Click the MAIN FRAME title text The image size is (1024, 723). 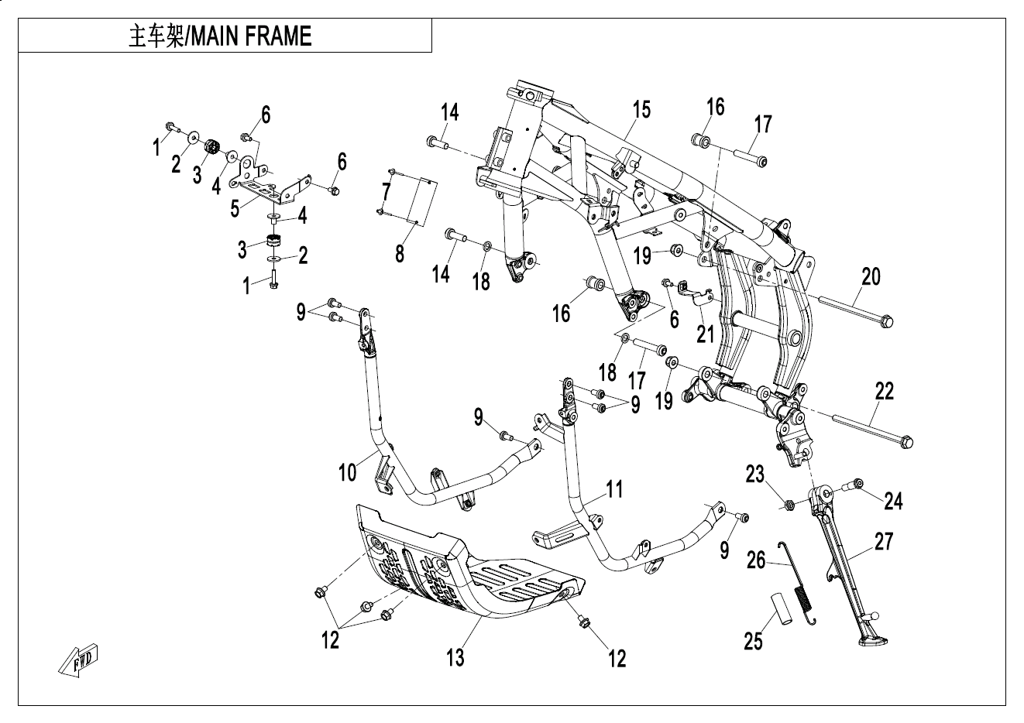(x=220, y=36)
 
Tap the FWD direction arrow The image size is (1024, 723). (x=79, y=658)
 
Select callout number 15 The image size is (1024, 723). (x=641, y=109)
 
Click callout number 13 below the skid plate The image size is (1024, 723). (x=455, y=657)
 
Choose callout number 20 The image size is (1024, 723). (x=871, y=276)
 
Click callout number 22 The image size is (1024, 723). (x=884, y=391)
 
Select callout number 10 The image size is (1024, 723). (x=348, y=471)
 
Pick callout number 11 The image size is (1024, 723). (x=614, y=489)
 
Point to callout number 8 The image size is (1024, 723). (x=400, y=253)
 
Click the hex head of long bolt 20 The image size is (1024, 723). (x=887, y=320)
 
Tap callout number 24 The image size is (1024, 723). (x=893, y=501)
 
